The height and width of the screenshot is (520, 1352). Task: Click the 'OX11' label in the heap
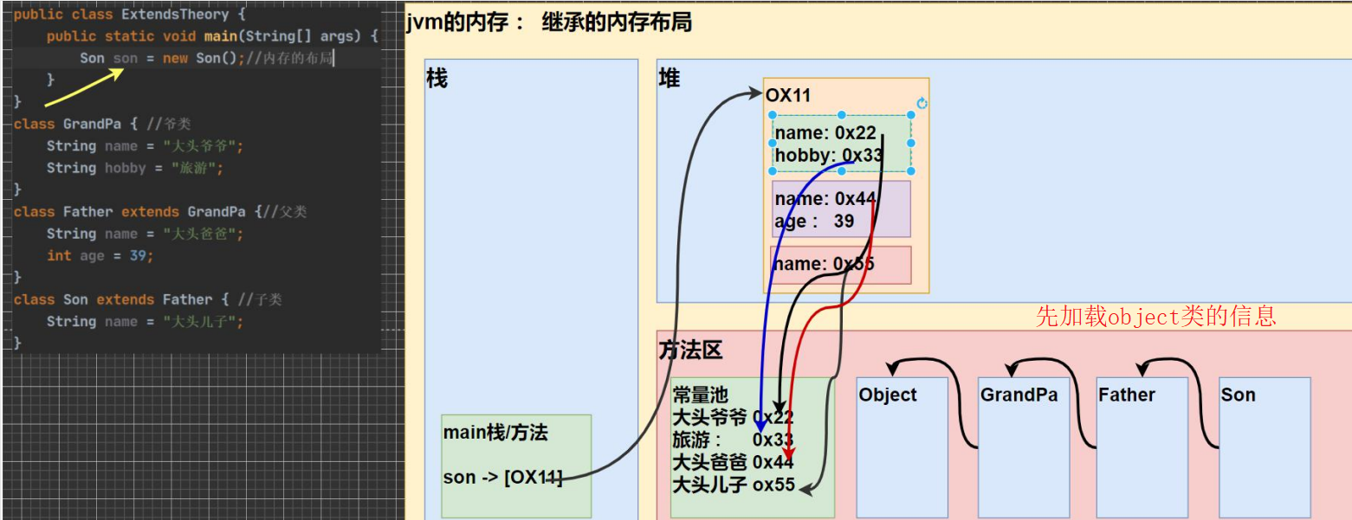[788, 96]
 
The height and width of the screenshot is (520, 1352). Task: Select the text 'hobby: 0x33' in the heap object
[827, 155]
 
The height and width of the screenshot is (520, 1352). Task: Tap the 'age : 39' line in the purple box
[814, 221]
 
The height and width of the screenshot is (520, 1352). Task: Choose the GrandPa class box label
[1019, 395]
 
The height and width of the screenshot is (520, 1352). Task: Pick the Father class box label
[1127, 395]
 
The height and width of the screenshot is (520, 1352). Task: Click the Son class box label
[1238, 395]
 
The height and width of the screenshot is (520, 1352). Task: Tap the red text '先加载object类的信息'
[1156, 317]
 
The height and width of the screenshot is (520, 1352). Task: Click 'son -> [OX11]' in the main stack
[502, 478]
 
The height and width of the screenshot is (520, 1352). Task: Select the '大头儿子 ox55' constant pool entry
[734, 485]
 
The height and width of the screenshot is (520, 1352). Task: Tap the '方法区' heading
[689, 350]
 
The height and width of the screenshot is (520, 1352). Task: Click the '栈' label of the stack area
[437, 79]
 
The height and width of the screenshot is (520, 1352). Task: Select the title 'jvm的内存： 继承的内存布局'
[548, 23]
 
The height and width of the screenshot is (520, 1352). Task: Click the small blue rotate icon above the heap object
[922, 103]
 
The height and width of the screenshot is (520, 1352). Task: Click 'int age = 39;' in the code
[100, 256]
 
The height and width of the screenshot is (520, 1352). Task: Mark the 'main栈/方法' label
[495, 433]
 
